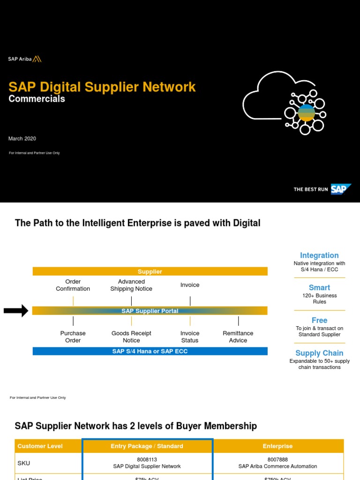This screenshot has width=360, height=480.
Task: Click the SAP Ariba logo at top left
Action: point(25,59)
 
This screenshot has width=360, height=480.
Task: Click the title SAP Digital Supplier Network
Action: point(102,87)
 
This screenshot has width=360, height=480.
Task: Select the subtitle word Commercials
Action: point(37,99)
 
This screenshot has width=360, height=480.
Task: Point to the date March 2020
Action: point(22,139)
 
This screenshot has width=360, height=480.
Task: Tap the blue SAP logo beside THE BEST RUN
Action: point(341,189)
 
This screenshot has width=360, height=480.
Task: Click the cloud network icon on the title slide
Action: point(284,102)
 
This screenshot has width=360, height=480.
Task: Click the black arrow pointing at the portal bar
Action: point(16,311)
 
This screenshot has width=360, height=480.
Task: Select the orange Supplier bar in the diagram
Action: point(150,271)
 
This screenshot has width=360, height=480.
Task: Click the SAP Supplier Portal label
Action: point(150,311)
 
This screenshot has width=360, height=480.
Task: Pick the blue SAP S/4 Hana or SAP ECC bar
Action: point(150,351)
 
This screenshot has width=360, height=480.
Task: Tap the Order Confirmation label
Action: point(73,285)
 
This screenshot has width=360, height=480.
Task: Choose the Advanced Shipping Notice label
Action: point(131,285)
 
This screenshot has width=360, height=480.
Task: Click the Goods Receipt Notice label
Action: point(131,337)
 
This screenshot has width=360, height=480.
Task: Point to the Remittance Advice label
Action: point(238,337)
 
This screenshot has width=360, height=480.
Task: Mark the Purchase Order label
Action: point(73,337)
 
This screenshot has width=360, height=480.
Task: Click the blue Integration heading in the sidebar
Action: point(319,255)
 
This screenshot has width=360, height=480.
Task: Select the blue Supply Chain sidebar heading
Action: point(319,353)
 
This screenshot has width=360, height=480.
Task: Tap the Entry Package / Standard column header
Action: point(147,446)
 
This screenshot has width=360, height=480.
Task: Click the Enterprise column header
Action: point(277,446)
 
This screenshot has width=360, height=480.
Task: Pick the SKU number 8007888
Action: point(277,460)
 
